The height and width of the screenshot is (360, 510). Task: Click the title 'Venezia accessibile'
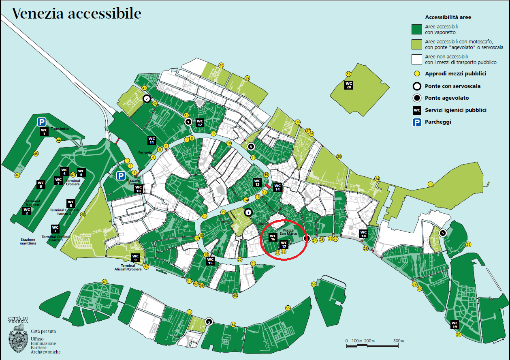coord(76,13)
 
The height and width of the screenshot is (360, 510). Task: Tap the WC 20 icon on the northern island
coord(349,85)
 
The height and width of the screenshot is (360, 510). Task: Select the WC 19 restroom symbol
coord(455,325)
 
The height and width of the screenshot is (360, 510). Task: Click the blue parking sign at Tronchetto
coord(41,122)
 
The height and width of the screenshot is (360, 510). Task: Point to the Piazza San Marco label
coord(288,232)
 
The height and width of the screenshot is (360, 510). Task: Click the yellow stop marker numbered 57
coord(348,74)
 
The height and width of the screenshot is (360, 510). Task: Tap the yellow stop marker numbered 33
coord(430,184)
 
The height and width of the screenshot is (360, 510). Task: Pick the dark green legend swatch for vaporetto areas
coord(417,29)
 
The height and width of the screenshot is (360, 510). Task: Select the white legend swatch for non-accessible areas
coord(417,59)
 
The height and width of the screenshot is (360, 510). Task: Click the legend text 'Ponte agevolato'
coord(447,98)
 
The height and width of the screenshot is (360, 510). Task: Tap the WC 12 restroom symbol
coord(200,122)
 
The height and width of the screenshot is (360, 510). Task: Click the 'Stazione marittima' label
coord(28,242)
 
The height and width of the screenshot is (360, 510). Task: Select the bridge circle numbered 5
coord(443,233)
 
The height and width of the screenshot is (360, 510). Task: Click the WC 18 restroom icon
coord(363,234)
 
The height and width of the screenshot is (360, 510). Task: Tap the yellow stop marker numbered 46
coord(17,175)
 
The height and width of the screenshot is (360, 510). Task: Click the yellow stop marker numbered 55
coord(288,308)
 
